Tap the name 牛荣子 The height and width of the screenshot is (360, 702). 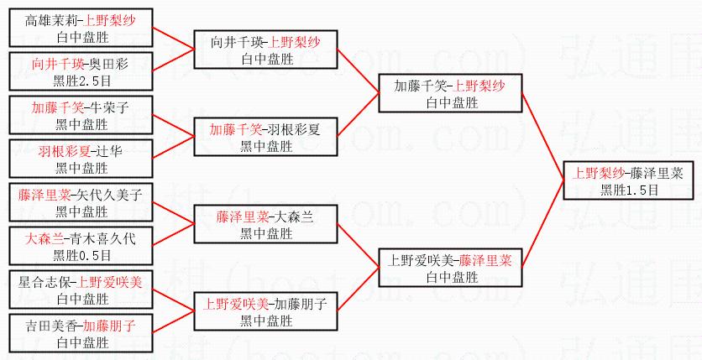(108, 107)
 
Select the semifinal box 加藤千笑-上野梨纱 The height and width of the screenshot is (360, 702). (450, 93)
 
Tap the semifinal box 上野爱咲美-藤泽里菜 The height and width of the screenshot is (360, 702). (450, 268)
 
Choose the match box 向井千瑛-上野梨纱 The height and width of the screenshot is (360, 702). (265, 49)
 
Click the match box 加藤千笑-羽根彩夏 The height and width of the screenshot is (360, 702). (265, 137)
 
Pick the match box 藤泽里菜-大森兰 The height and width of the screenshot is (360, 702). (265, 224)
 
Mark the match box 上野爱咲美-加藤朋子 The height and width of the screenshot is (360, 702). (265, 311)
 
